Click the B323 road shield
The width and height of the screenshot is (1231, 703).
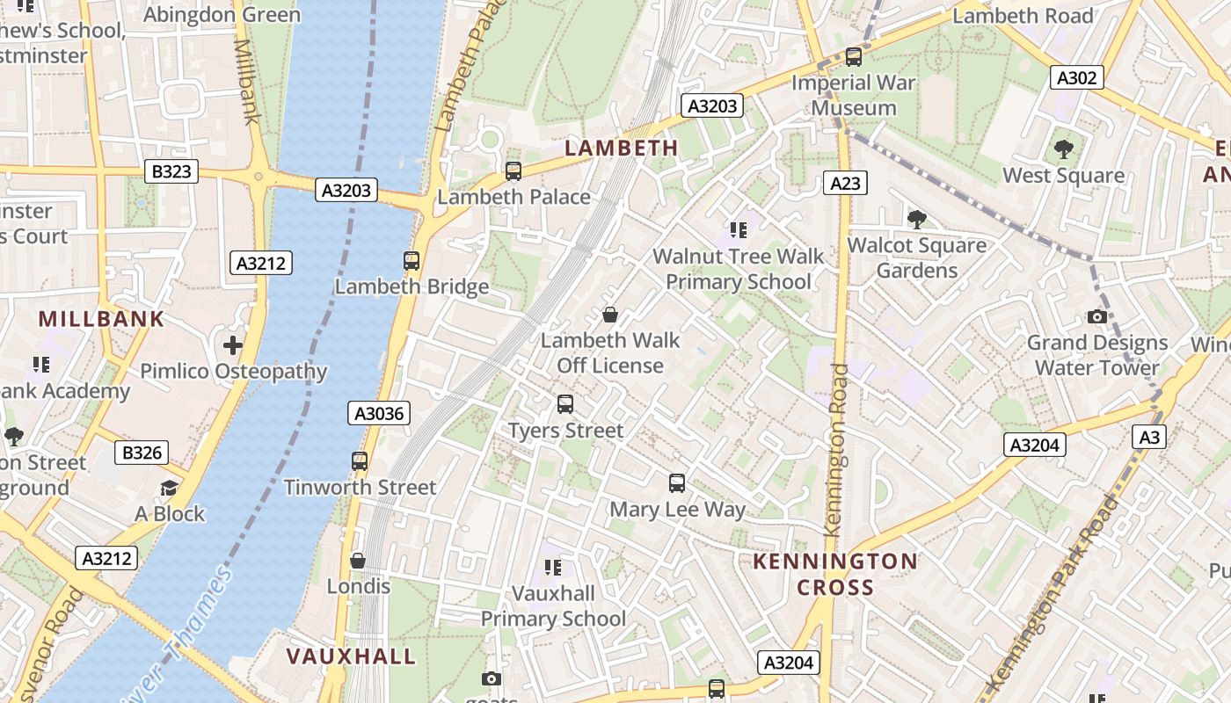click(171, 171)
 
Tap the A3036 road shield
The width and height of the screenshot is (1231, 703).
click(379, 414)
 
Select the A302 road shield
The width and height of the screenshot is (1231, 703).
click(1077, 78)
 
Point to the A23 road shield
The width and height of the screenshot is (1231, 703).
click(846, 183)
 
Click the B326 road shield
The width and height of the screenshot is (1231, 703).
click(142, 453)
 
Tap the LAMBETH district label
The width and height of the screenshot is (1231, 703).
click(622, 148)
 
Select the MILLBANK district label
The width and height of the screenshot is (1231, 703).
click(101, 319)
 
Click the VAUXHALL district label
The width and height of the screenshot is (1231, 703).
click(351, 656)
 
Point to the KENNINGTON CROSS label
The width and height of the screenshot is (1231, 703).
click(835, 574)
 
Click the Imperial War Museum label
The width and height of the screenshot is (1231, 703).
click(854, 96)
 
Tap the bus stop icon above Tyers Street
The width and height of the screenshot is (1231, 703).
click(565, 404)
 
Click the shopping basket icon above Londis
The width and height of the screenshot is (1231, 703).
click(358, 561)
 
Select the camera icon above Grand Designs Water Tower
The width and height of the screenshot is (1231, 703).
click(1097, 316)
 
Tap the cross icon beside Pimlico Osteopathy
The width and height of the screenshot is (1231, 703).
click(233, 345)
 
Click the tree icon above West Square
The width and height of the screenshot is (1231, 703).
click(1064, 149)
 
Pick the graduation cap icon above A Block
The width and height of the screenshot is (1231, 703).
click(169, 488)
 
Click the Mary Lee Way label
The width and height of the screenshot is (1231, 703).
click(677, 510)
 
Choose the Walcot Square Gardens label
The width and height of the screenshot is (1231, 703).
click(917, 257)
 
